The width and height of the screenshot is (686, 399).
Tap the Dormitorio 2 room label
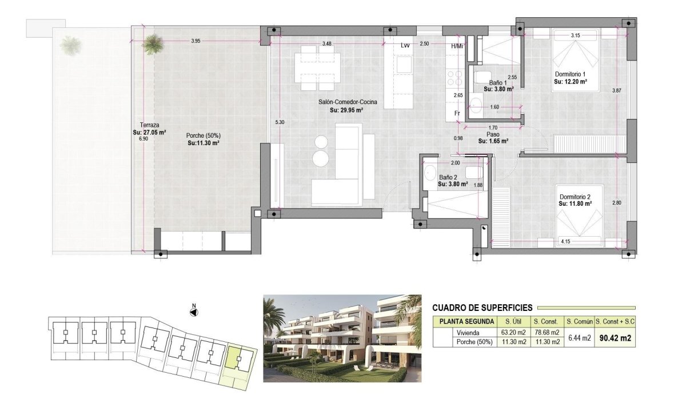pos(575,197)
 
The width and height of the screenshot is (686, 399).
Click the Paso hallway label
pos(493,135)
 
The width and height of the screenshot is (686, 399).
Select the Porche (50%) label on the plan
pos(203,135)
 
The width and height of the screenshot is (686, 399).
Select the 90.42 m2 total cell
pos(615,338)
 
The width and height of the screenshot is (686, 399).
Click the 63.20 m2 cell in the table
pos(512,333)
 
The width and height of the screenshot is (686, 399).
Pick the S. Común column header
pos(578,322)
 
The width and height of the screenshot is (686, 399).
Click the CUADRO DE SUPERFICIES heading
pos(482,308)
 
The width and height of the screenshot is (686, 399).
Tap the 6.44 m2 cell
pos(578,338)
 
